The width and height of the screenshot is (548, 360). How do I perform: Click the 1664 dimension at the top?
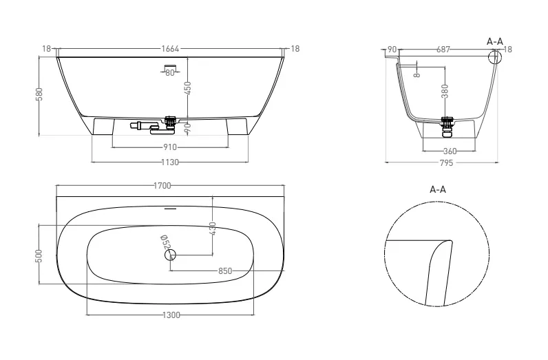point(170,49)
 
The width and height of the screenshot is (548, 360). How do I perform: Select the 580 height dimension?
point(39,94)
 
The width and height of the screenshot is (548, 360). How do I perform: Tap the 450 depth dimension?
point(188,88)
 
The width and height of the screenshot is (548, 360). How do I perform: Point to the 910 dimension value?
point(170,147)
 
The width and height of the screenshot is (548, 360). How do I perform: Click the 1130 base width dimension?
point(170,162)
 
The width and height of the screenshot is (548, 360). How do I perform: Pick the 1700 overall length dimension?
point(162,186)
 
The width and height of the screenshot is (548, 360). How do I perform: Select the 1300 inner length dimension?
point(171,315)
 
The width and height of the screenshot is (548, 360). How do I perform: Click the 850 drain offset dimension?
point(225,271)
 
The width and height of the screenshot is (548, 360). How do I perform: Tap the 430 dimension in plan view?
point(213,229)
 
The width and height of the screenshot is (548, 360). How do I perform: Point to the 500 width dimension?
point(39,256)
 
